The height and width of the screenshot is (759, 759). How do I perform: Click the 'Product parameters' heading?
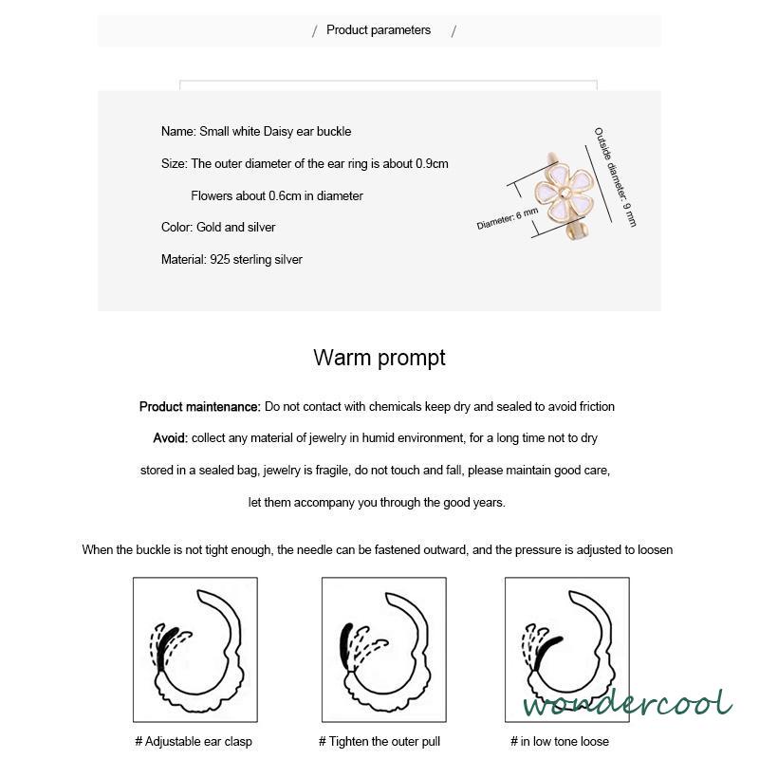(x=379, y=30)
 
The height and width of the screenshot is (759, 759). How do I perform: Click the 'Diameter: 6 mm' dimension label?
(x=507, y=219)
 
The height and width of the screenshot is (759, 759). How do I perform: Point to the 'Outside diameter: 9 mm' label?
(x=616, y=176)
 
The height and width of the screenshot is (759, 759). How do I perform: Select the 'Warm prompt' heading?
(x=379, y=358)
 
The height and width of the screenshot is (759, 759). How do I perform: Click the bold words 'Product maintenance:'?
(x=199, y=407)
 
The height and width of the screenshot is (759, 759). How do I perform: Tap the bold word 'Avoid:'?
(x=171, y=438)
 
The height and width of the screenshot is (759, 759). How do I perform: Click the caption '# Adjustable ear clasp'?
(x=194, y=741)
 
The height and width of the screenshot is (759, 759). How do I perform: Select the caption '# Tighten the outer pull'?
(x=379, y=741)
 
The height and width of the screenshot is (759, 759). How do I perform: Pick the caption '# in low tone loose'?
(x=560, y=741)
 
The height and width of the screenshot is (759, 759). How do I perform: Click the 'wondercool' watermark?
(x=627, y=704)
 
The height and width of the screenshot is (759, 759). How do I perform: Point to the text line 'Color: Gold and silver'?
(x=218, y=228)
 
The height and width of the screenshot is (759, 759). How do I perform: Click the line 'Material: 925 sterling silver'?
(x=231, y=259)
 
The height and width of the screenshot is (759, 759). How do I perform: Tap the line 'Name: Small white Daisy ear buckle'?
(x=256, y=132)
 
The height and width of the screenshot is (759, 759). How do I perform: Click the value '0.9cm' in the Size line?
(x=432, y=163)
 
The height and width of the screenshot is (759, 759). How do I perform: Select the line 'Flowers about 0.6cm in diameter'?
(x=277, y=195)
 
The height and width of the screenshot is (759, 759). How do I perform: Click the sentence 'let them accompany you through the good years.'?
(x=377, y=503)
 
